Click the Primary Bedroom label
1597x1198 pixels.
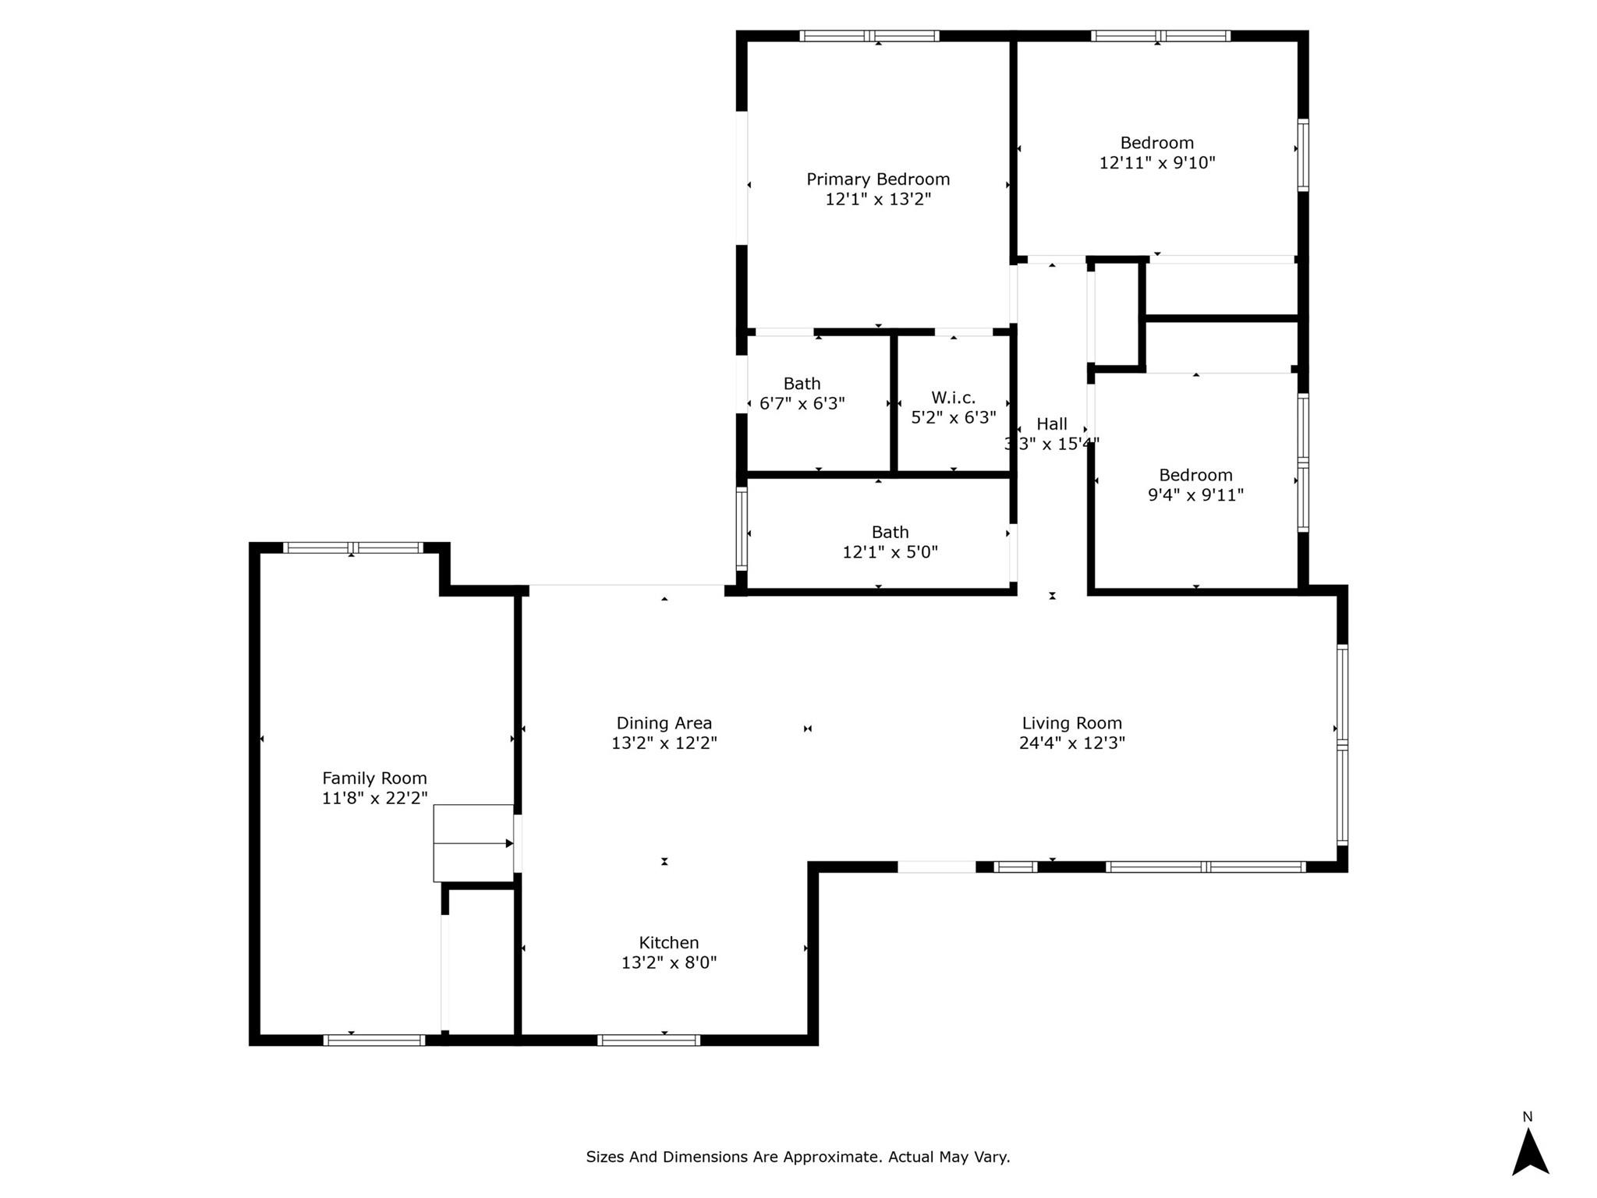[878, 179]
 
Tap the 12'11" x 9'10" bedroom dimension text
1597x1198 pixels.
[1157, 163]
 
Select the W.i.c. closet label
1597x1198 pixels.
[953, 398]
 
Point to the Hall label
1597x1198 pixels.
[1052, 424]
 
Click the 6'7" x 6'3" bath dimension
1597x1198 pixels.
[802, 404]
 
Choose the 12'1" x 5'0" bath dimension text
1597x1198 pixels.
[890, 552]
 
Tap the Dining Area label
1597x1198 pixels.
[664, 724]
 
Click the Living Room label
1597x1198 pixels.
[1072, 724]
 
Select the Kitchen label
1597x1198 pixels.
[669, 943]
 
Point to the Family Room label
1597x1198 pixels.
[374, 778]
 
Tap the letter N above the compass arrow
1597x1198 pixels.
[1528, 1117]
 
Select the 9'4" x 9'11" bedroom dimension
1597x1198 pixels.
[1195, 495]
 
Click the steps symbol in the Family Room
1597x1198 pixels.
[473, 843]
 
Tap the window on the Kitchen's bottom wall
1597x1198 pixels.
[649, 1040]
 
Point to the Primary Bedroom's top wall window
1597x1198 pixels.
[869, 36]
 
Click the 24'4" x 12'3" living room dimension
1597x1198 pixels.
[1072, 743]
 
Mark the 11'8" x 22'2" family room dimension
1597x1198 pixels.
[375, 798]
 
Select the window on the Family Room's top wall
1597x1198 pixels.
[352, 548]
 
